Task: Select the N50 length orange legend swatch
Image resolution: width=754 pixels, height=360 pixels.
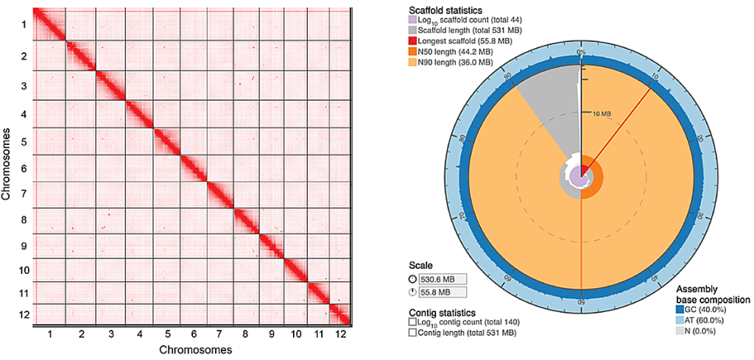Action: coord(412,52)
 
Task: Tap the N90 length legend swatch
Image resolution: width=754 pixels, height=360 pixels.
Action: coord(412,63)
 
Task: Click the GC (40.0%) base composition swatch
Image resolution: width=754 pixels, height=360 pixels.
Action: coord(680,310)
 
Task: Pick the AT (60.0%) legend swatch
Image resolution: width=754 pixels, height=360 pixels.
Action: coord(680,320)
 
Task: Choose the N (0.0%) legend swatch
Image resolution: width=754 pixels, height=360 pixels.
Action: coord(680,331)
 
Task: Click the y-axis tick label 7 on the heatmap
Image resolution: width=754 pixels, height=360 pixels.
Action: coord(25,194)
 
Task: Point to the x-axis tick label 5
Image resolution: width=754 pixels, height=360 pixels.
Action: coord(167,334)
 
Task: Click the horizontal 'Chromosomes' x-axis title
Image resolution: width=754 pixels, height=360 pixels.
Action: coord(188,349)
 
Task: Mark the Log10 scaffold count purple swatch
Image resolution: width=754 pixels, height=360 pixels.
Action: coord(412,20)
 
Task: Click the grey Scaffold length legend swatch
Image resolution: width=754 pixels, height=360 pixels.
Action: coord(412,30)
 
